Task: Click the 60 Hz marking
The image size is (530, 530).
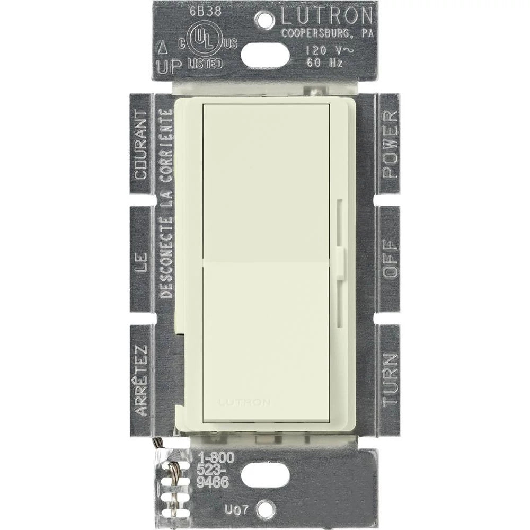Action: (x=325, y=63)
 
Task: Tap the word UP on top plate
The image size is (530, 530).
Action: (x=168, y=66)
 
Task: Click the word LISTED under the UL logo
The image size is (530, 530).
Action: (x=205, y=64)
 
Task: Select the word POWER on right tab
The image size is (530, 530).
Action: (x=390, y=144)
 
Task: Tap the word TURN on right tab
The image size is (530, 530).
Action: (x=390, y=379)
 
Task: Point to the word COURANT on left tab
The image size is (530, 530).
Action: (x=140, y=144)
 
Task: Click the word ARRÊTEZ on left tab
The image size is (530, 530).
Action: (x=140, y=379)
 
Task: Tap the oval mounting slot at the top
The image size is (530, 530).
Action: (x=265, y=55)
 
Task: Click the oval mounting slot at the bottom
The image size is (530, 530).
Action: (x=265, y=475)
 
